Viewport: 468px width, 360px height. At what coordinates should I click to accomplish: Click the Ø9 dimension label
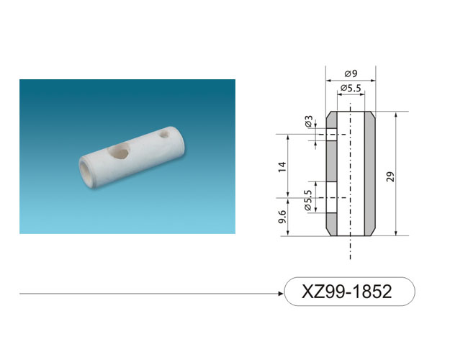click(351, 73)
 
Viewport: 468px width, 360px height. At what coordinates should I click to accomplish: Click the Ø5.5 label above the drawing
click(351, 88)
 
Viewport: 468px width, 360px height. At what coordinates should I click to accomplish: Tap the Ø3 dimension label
click(309, 122)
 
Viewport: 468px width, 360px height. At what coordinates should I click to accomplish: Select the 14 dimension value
click(282, 166)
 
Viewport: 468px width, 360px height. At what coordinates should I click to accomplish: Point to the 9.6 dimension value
click(282, 217)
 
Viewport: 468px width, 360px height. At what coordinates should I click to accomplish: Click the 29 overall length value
click(390, 176)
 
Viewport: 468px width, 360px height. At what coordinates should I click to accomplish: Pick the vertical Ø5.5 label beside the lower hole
click(308, 200)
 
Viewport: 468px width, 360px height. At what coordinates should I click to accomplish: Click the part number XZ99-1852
click(347, 292)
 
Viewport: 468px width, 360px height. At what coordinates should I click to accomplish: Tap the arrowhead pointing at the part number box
click(280, 294)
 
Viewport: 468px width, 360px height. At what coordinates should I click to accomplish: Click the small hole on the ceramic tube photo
click(164, 133)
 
